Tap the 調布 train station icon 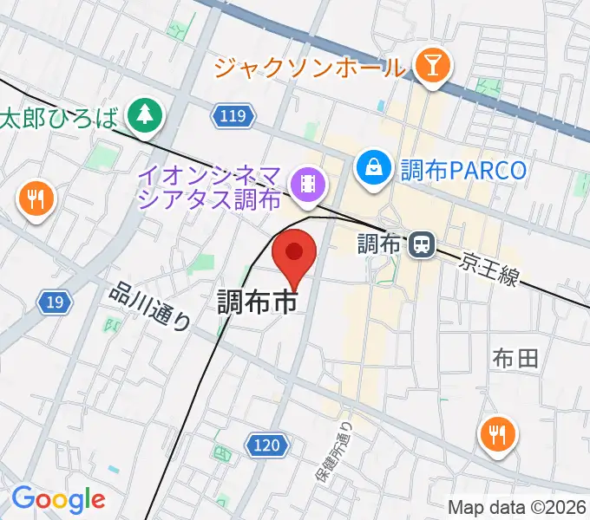click(x=421, y=245)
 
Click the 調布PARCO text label click(x=463, y=169)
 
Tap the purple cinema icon click(x=308, y=183)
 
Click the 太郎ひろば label click(x=59, y=117)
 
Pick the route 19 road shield click(x=55, y=302)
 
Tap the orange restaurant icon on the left click(x=36, y=200)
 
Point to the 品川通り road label click(x=149, y=307)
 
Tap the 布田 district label click(x=516, y=357)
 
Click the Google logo click(x=58, y=499)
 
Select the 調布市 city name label click(x=257, y=302)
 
